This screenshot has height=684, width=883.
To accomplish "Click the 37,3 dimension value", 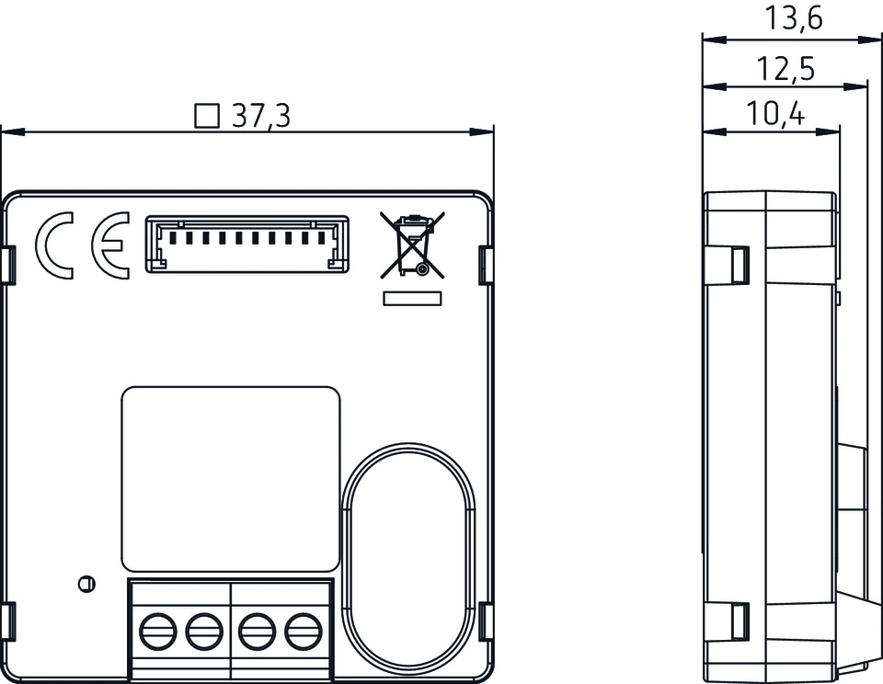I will coord(261,116).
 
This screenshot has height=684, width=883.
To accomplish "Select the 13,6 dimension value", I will coord(793,18).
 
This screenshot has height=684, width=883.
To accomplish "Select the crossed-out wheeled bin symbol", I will coord(412,245).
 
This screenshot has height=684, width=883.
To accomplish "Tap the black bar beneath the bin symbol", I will coord(412,298).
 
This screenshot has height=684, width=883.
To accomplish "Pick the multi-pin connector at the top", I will coord(247,245).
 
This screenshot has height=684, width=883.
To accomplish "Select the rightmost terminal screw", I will coord(301,632).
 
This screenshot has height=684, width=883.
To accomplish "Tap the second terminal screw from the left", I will coord(201,632).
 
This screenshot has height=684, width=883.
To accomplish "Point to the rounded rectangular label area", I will coord(231,478).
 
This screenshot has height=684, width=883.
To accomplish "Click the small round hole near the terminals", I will coord(85,583).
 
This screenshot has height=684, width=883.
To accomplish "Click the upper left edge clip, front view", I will coord(10,264).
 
